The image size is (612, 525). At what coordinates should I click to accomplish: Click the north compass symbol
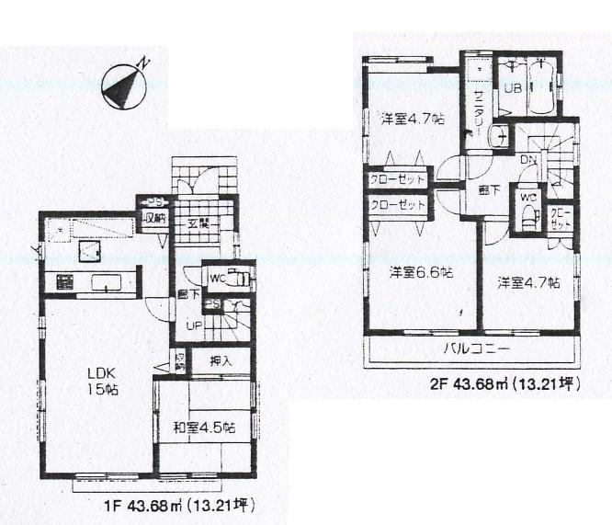tap(125, 85)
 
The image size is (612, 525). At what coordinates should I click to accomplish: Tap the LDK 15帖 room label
tap(103, 381)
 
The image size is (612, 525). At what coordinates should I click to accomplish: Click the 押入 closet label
tap(219, 360)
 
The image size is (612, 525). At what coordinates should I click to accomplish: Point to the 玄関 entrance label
tap(199, 223)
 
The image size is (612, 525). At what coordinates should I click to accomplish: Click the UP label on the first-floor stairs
tap(194, 325)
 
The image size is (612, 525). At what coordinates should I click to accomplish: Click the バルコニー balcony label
tap(477, 350)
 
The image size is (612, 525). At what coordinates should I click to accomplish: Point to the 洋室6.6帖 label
tap(420, 272)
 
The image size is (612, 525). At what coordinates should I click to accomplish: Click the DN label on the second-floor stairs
tap(529, 160)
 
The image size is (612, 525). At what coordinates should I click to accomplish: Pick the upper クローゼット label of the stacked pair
tap(398, 179)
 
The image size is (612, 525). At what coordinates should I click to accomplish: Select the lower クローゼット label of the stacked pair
tap(398, 205)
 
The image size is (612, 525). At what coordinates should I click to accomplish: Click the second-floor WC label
tap(527, 197)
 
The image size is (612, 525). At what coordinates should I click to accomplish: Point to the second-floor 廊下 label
tap(489, 190)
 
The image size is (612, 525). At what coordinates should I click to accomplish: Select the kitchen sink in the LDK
tap(108, 283)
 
